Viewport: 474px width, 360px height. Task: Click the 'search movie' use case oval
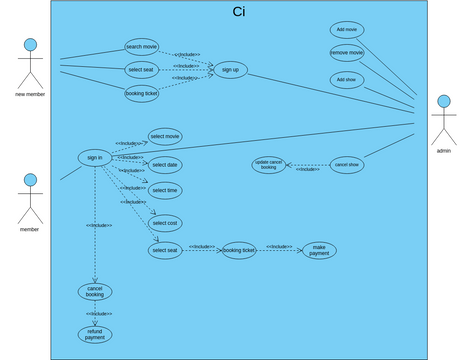click(142, 46)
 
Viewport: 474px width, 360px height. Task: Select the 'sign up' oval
click(230, 69)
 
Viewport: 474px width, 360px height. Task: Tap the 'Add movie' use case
click(347, 30)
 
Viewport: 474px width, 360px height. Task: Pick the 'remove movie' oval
click(347, 52)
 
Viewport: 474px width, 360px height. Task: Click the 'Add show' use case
click(347, 79)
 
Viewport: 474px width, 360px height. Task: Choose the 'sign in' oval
click(95, 157)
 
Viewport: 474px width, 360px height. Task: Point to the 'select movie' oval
click(165, 136)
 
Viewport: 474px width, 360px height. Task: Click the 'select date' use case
click(165, 165)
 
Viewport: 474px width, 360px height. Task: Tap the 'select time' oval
click(165, 190)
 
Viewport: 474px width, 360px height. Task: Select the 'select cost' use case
click(165, 223)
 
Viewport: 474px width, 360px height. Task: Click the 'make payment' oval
click(319, 250)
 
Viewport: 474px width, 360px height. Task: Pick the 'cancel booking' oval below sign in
click(94, 292)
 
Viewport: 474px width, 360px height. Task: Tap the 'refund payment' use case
click(94, 335)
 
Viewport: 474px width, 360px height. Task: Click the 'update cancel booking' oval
click(268, 165)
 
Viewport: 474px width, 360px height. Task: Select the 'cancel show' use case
click(347, 164)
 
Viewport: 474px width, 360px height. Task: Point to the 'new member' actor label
click(30, 94)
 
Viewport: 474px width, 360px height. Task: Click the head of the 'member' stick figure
click(30, 180)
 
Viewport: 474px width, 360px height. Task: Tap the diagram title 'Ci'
click(238, 12)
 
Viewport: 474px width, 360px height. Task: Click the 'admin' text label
click(443, 150)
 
